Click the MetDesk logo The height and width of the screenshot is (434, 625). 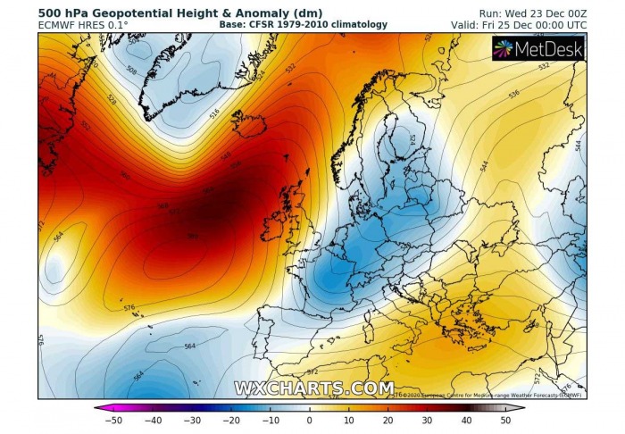[x=538, y=48]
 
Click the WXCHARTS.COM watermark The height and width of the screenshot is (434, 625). [x=313, y=388]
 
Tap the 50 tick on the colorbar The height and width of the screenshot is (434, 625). [x=506, y=420]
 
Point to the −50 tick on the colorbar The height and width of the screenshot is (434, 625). [x=113, y=420]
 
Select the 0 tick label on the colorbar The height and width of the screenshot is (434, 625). [x=310, y=420]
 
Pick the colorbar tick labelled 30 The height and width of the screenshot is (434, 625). [x=428, y=420]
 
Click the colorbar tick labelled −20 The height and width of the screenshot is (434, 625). [x=231, y=420]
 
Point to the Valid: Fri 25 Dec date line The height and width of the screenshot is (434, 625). [x=519, y=26]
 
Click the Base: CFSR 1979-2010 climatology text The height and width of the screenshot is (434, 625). [x=304, y=25]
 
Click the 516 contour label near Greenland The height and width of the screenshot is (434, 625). [x=214, y=113]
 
